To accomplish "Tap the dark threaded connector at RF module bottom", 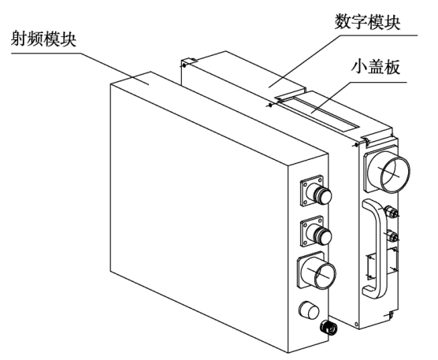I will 324,326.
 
